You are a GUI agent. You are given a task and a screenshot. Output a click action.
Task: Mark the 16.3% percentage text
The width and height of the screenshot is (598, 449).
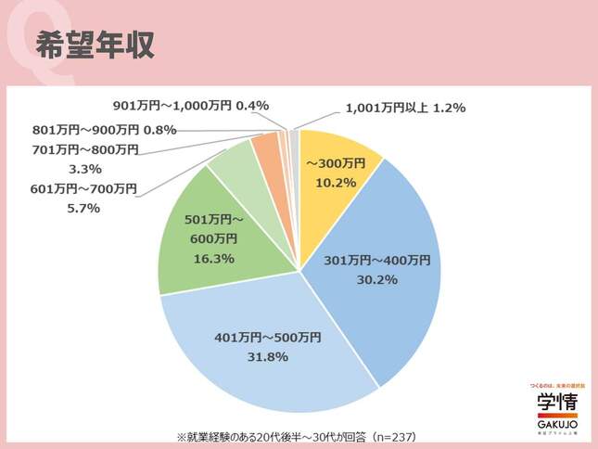211,258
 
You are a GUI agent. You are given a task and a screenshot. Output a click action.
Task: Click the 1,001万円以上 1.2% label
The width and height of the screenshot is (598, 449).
405,108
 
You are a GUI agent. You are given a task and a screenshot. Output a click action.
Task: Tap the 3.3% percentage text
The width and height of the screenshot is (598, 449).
85,169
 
